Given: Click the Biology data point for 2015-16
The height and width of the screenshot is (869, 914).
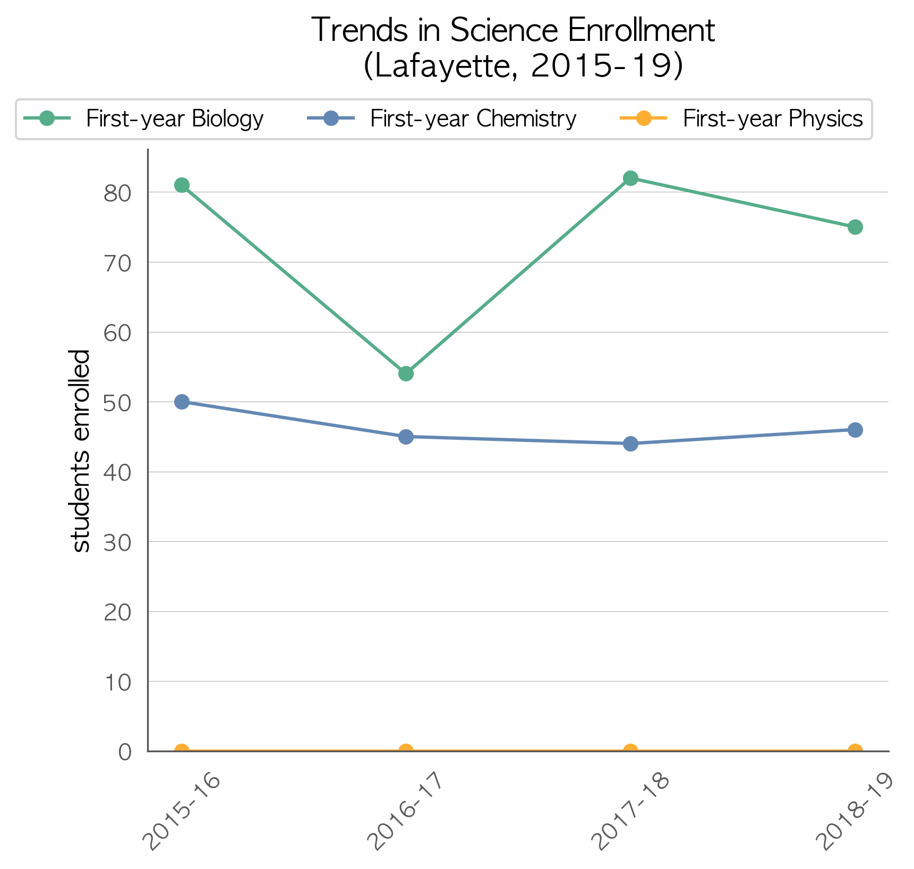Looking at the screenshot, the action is click(x=182, y=185).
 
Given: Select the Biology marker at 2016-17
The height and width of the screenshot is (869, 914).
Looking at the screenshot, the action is click(x=406, y=374).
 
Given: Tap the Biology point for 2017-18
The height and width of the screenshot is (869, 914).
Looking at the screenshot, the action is click(x=630, y=178).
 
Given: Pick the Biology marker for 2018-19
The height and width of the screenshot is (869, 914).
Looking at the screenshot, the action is click(x=855, y=227).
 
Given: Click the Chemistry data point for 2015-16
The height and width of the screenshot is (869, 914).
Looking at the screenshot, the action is click(x=182, y=402).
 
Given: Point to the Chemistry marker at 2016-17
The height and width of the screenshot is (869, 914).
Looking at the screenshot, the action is click(x=406, y=437).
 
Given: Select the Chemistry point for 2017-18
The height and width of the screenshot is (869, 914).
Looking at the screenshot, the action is click(x=630, y=444).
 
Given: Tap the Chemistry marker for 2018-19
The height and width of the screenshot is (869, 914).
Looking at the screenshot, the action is click(x=855, y=430).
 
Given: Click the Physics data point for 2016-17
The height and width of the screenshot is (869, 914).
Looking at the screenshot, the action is click(x=406, y=751).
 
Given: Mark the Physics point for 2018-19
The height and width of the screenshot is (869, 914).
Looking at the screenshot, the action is click(x=855, y=751).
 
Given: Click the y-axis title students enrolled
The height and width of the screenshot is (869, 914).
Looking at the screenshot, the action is click(x=80, y=450).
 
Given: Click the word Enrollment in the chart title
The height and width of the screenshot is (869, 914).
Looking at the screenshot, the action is click(x=642, y=30).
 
